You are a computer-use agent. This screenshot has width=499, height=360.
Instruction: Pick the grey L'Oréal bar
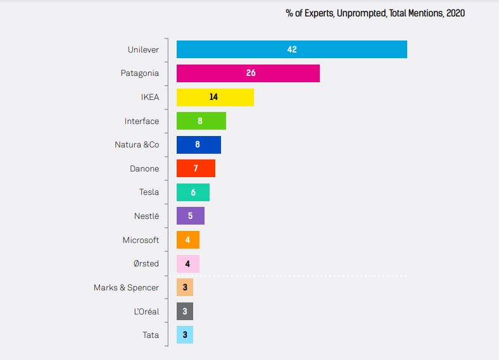pyautogui.click(x=185, y=311)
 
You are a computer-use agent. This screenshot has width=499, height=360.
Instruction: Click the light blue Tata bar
pyautogui.click(x=185, y=335)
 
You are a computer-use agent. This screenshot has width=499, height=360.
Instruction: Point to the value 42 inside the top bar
pyautogui.click(x=292, y=49)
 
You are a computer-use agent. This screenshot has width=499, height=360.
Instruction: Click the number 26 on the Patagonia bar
pyautogui.click(x=251, y=73)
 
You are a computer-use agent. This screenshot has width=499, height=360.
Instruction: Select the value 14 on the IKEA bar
pyautogui.click(x=214, y=97)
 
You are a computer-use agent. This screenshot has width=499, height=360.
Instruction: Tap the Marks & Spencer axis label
pyautogui.click(x=126, y=288)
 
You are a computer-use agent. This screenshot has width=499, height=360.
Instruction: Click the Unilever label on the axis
pyautogui.click(x=143, y=49)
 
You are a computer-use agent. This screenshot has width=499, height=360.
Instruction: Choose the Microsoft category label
pyautogui.click(x=141, y=240)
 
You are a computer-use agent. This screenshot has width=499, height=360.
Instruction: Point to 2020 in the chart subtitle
pyautogui.click(x=455, y=13)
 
